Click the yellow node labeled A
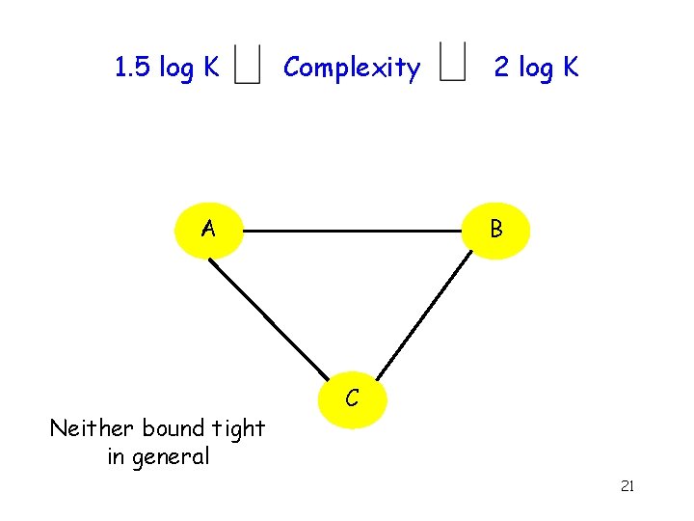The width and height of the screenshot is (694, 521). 208,230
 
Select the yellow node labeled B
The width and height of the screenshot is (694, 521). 495,230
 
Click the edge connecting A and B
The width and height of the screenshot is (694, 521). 352,232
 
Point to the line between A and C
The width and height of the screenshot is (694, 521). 270,319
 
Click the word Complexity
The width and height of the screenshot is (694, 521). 352,69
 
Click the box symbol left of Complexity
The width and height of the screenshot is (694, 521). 249,66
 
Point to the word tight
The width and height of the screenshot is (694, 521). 236,427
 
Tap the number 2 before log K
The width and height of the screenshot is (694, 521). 501,68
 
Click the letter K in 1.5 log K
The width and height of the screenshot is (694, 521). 210,68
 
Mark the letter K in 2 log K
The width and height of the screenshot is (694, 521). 571,68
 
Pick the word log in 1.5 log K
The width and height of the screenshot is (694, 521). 176,69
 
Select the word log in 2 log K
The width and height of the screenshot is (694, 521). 536,69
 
